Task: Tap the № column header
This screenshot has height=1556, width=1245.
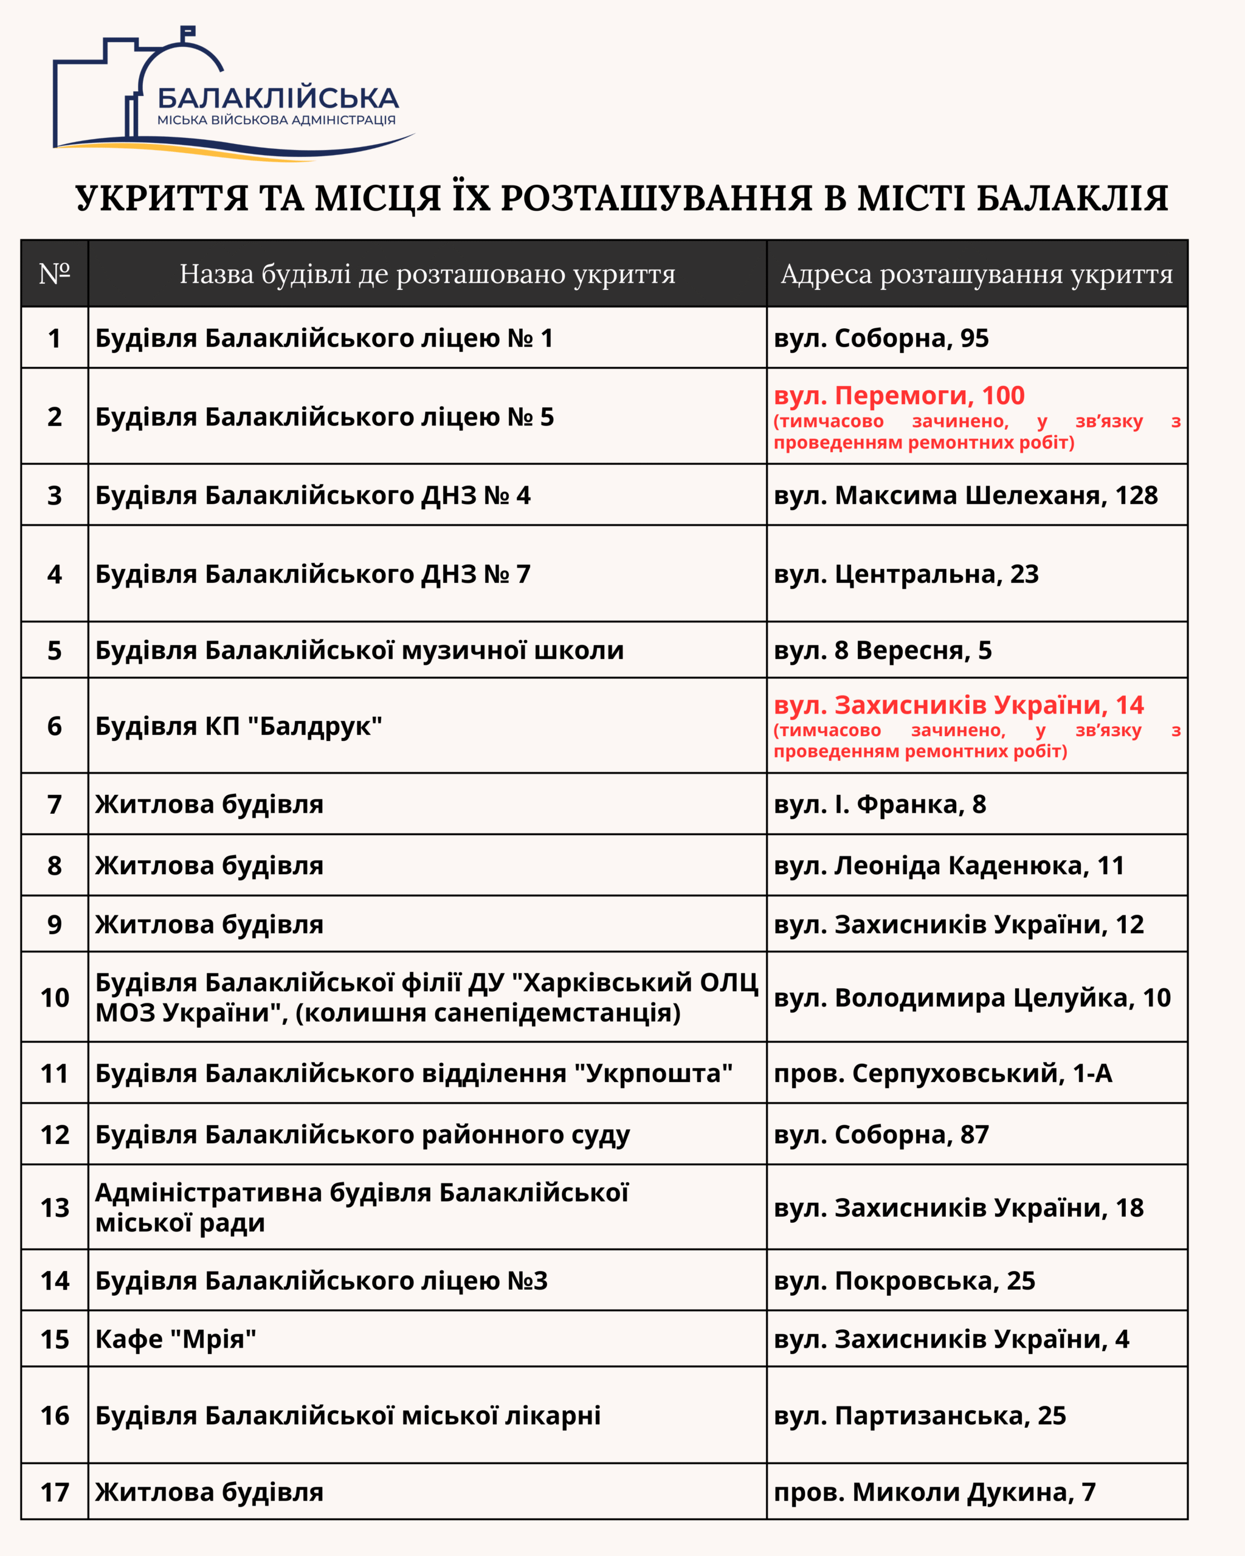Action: coord(54,274)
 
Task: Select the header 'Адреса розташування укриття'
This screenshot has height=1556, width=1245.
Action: coord(976,274)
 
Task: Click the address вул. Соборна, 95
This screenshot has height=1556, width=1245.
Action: coord(880,339)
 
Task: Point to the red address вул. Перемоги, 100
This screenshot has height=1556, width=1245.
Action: coord(898,396)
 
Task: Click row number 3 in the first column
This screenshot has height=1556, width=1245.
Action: coord(54,496)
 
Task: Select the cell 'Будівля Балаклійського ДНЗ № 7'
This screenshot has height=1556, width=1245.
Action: coord(312,574)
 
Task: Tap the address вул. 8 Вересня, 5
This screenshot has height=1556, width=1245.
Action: coord(882,651)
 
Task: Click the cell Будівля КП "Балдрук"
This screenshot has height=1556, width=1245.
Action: coord(238,726)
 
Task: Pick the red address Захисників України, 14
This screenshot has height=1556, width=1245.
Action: coord(959,705)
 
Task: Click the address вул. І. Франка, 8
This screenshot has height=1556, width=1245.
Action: coord(879,805)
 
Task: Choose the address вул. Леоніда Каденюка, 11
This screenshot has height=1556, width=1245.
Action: coord(948,866)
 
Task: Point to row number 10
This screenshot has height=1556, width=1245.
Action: coord(54,998)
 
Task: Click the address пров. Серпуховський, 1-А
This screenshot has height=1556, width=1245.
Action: coord(942,1074)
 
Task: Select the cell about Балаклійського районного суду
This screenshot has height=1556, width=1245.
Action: coord(362,1135)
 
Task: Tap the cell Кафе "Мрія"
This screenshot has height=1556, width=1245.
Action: coord(176,1340)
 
